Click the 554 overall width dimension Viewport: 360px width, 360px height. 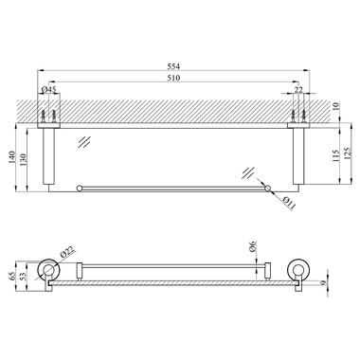point(173,66)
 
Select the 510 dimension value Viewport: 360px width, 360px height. point(173,78)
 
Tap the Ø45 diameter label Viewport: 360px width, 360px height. point(49,90)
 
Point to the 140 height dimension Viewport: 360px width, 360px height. point(11,157)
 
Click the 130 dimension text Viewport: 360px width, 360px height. point(24,159)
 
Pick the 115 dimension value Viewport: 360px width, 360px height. point(335,155)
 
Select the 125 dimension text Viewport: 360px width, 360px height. point(347,153)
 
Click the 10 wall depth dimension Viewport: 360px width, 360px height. point(335,107)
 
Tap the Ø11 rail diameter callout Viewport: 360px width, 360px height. point(289,204)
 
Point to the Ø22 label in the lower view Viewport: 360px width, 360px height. point(66,253)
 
